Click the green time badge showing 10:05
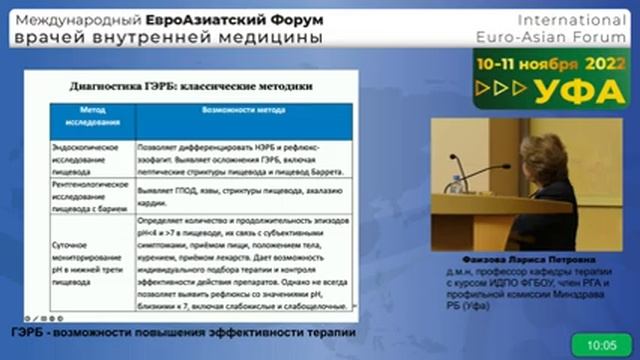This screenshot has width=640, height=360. pyautogui.click(x=601, y=345)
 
